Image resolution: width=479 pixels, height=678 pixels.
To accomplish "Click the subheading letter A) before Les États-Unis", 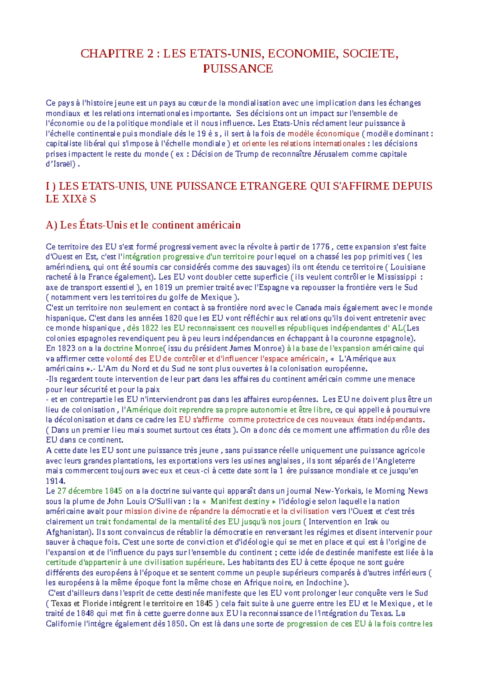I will (52, 225).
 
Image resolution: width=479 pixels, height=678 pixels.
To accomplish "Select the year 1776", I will (321, 247).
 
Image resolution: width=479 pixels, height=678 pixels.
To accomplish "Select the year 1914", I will (55, 481).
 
